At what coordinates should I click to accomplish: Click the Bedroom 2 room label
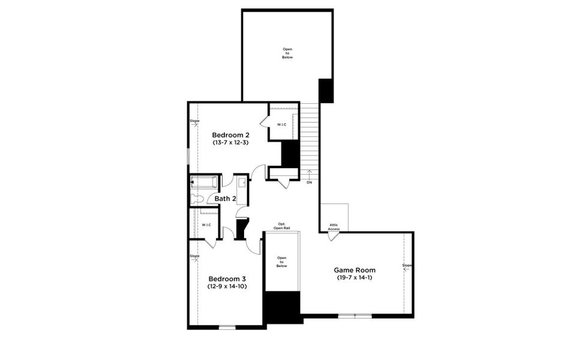[230, 134]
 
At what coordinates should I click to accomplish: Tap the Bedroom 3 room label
[227, 278]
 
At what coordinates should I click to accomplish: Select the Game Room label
[354, 270]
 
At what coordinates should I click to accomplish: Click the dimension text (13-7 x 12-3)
[230, 143]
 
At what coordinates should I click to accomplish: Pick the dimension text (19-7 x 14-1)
[354, 278]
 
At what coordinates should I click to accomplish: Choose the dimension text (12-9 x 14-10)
[227, 287]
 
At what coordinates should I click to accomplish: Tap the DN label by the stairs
[309, 182]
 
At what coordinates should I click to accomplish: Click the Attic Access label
[333, 227]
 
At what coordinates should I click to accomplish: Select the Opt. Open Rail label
[282, 226]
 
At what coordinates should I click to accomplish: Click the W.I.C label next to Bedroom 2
[281, 124]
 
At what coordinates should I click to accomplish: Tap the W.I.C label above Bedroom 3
[206, 225]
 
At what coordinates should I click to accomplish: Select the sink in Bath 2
[241, 183]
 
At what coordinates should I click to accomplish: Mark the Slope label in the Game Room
[407, 265]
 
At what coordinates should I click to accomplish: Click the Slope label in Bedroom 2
[194, 122]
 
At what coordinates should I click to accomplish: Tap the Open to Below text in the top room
[287, 53]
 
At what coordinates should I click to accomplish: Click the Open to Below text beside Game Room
[282, 262]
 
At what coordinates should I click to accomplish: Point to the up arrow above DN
[309, 173]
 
